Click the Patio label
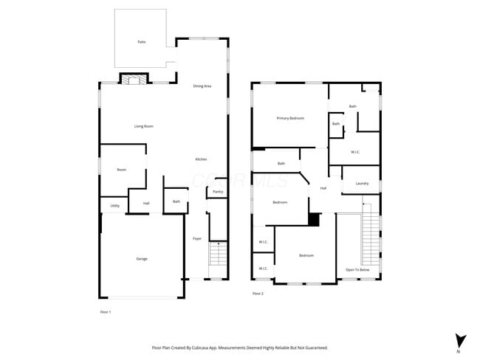141,42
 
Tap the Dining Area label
202,86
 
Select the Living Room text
143,126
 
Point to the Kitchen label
201,159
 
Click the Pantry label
218,192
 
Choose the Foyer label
197,238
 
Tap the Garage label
141,258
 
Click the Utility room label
115,206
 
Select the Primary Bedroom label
290,118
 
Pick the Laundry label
362,183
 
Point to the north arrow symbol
461,340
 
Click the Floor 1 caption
106,312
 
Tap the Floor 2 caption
258,294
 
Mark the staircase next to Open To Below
370,238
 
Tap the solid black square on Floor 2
313,219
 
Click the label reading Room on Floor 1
121,170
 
